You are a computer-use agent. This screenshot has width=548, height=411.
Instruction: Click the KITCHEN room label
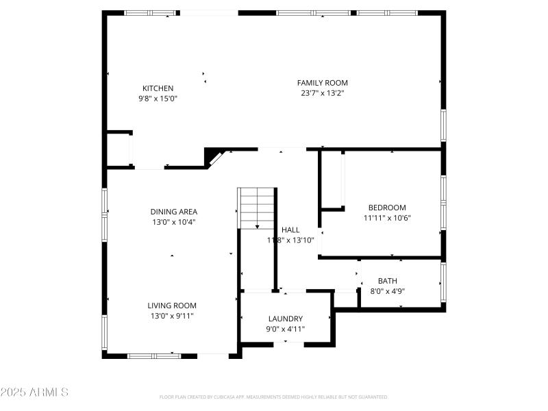tap(158, 88)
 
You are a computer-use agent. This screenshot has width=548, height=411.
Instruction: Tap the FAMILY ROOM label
tap(322, 83)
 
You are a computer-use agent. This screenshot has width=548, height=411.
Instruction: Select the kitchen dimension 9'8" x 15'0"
tap(158, 98)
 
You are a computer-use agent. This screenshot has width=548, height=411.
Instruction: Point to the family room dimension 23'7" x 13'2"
tap(322, 93)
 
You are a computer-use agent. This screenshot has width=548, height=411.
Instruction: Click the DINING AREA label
tap(174, 212)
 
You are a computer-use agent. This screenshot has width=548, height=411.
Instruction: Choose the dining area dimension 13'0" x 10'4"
tap(174, 222)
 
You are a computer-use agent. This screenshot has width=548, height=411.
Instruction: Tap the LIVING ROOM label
tap(172, 306)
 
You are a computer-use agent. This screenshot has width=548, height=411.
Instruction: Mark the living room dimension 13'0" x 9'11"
tap(172, 316)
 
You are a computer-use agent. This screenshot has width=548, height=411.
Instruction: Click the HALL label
tap(290, 230)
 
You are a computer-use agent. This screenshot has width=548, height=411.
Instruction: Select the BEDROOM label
tap(387, 208)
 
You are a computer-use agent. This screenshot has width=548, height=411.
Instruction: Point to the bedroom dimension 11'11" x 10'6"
tap(387, 218)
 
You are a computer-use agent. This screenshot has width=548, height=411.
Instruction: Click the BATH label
tap(387, 281)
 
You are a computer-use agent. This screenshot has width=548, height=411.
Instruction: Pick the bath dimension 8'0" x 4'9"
tap(387, 291)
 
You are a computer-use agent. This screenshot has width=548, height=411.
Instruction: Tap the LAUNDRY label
tap(285, 319)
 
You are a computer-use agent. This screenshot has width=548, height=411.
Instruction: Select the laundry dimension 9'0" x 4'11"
tap(285, 329)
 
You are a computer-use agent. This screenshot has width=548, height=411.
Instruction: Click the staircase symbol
tap(256, 208)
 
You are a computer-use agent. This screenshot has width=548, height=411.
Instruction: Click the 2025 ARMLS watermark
tap(34, 393)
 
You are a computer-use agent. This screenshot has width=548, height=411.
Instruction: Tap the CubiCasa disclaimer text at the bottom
tap(273, 397)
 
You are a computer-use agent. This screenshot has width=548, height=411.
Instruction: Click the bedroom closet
tap(332, 179)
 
